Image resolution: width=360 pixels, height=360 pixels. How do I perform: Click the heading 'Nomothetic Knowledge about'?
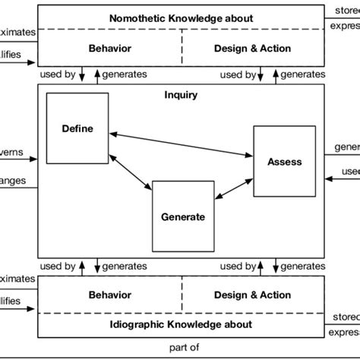182,17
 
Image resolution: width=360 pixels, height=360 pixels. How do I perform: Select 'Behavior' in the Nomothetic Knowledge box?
110,48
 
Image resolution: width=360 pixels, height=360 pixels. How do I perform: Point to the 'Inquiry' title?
181,95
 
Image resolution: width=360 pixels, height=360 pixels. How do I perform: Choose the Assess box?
284,161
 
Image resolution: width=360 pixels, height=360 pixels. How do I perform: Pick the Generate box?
182,216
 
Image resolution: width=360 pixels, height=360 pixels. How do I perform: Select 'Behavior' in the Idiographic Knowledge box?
110,295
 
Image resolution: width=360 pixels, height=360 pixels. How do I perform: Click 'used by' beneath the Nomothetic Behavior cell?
59,74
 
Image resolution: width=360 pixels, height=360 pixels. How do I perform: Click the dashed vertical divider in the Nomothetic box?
182,48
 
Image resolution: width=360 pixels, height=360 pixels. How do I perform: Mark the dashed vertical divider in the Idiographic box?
182,295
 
